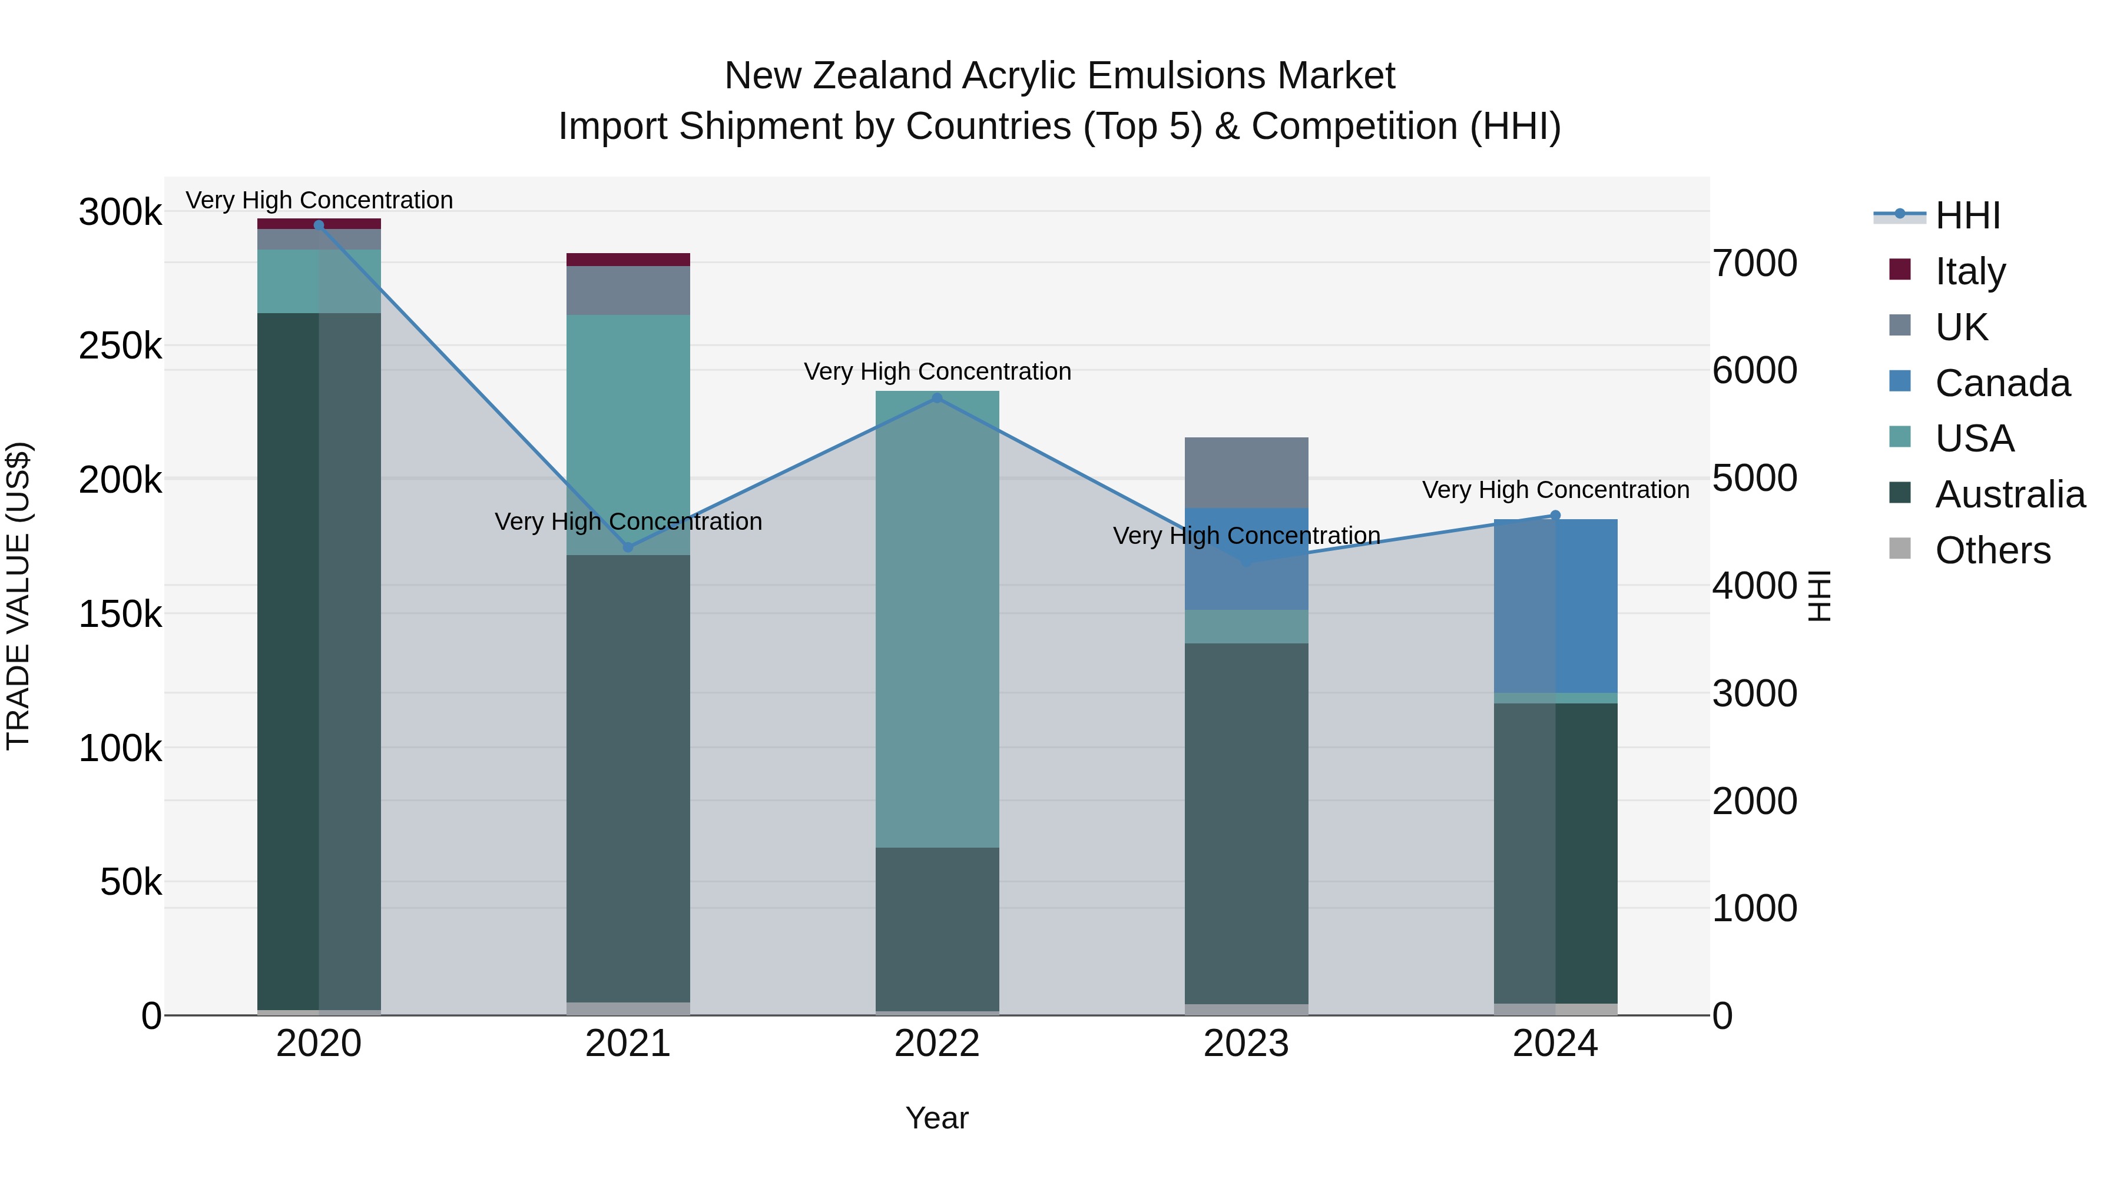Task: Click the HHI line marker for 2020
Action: tap(319, 225)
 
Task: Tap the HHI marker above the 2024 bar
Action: tap(1555, 516)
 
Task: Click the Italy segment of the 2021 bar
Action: tap(628, 260)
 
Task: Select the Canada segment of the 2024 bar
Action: tap(1555, 606)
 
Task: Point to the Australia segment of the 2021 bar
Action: tap(628, 778)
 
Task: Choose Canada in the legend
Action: tap(2002, 383)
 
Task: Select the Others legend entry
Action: tap(1992, 550)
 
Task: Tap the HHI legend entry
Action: tap(1967, 215)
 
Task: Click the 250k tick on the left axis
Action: tap(120, 346)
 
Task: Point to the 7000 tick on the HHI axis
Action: tap(1755, 263)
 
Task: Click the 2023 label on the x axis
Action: tap(1246, 1044)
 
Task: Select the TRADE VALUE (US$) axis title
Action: tap(18, 596)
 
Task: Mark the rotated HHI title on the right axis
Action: tap(1820, 596)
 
